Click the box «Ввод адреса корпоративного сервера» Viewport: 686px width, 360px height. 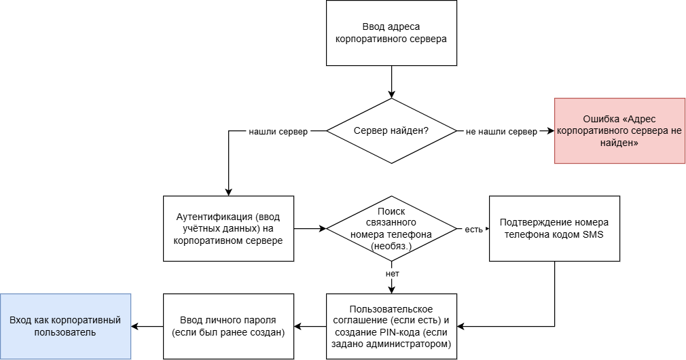[391, 33]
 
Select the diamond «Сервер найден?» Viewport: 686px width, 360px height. [391, 130]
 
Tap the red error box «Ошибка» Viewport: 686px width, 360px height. [619, 130]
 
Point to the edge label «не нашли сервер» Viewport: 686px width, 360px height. [501, 131]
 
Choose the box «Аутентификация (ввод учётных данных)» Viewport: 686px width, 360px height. [228, 228]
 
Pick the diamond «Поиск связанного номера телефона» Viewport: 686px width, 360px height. [391, 228]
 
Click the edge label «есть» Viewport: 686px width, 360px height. [473, 229]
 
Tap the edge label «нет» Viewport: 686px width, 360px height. [392, 273]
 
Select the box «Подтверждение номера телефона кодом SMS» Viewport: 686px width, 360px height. [554, 228]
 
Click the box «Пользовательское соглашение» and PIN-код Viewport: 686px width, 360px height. [391, 326]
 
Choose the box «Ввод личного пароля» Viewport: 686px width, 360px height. [228, 326]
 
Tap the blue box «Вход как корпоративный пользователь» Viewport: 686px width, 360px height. [65, 326]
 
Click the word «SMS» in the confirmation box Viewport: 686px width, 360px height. [591, 235]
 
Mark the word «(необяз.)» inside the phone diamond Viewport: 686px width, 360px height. [391, 247]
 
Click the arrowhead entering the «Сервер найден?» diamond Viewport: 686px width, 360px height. [391, 94]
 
